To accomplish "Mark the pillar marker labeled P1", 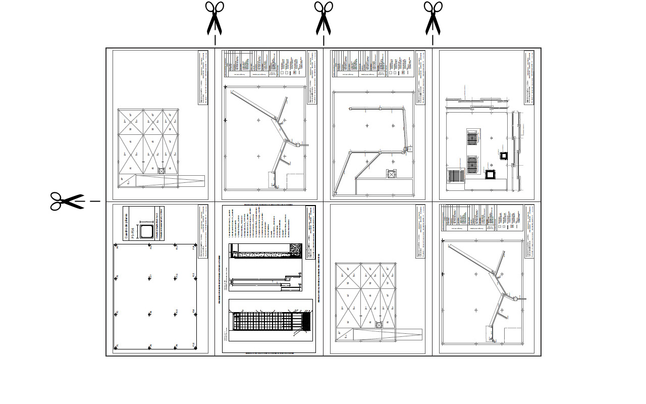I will tap(117, 346).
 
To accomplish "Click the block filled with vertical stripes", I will tap(456, 177).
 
